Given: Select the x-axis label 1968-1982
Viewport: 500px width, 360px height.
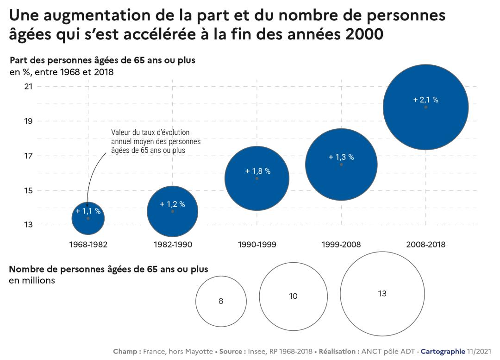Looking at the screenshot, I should tap(88, 245).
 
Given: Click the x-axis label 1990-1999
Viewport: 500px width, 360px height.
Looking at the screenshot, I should tap(257, 245).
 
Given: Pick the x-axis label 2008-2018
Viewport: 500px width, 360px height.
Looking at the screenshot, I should tap(425, 245).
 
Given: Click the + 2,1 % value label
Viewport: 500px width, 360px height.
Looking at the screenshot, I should tap(425, 100).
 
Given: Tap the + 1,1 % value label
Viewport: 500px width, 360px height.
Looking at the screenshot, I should tap(88, 211).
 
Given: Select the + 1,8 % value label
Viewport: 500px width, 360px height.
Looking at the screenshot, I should tap(257, 171).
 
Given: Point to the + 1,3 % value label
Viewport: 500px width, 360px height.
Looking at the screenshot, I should tap(341, 157).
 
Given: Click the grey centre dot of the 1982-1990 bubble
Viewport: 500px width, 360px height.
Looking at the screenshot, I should tap(173, 211).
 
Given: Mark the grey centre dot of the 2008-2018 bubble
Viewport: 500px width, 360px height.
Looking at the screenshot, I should tap(425, 107).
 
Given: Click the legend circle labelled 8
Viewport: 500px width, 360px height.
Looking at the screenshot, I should tap(221, 301).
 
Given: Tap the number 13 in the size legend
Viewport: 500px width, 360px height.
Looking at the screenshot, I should tap(382, 294).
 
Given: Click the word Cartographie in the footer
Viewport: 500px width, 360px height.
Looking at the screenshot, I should tap(443, 352).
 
